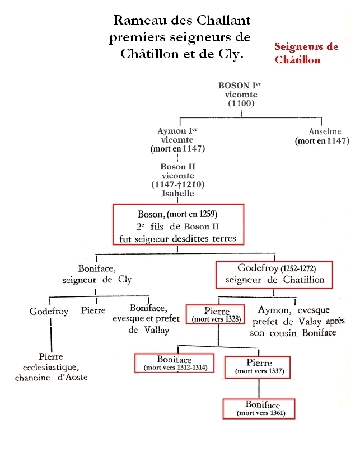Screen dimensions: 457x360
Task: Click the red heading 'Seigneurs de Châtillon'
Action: [306, 53]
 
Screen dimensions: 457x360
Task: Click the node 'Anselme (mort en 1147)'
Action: [321, 137]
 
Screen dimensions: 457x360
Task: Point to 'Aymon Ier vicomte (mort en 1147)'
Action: [177, 140]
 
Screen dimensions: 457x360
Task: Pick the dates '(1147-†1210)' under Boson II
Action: [177, 185]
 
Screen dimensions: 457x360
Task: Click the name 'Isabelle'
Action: [177, 194]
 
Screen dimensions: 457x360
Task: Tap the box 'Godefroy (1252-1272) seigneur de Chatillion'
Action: [274, 274]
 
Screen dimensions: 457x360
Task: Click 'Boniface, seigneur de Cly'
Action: [105, 274]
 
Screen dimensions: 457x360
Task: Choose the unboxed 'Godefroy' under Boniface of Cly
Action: [49, 311]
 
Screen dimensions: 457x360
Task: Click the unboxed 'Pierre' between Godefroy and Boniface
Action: [93, 310]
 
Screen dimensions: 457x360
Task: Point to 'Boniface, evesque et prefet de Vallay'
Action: [148, 319]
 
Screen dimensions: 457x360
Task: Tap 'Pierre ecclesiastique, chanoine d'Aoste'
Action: [51, 367]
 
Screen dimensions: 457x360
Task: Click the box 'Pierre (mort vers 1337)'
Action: [259, 366]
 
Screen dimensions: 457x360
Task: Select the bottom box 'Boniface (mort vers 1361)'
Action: [259, 408]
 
